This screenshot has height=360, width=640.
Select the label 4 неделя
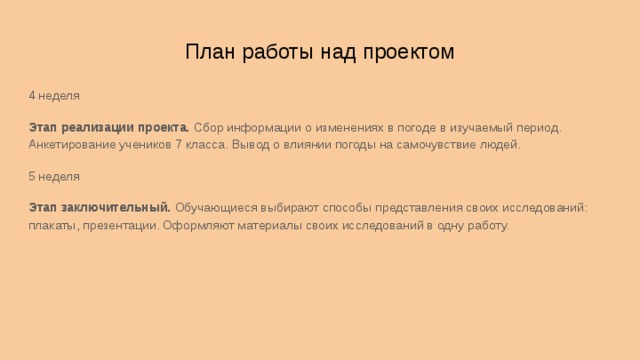(x=54, y=96)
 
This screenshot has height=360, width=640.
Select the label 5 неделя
(x=54, y=176)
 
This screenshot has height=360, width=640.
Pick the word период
(x=539, y=128)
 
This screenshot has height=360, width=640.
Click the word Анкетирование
(x=73, y=145)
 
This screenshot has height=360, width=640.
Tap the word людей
(x=501, y=145)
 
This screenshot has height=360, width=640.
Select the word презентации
(x=122, y=226)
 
